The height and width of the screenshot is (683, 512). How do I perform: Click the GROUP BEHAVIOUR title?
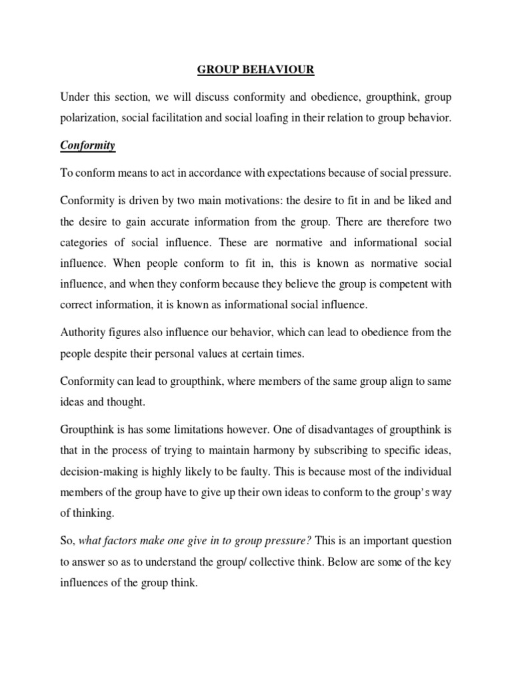(x=255, y=67)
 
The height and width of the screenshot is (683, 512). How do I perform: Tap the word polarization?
(x=89, y=119)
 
